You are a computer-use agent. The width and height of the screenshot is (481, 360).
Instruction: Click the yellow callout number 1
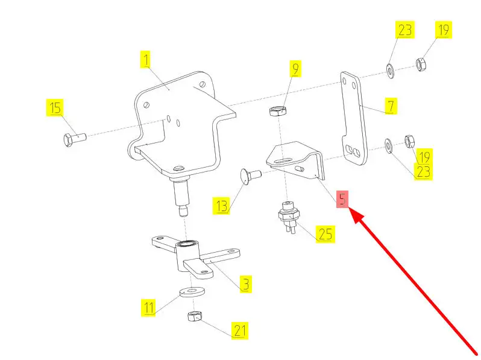[x=145, y=60]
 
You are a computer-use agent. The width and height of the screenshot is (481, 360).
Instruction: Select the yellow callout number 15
[x=55, y=109]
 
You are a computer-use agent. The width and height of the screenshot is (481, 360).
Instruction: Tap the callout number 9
[x=295, y=69]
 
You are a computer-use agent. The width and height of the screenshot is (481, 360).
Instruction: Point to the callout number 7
[x=391, y=107]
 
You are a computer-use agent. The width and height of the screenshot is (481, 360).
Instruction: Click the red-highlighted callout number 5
[x=342, y=200]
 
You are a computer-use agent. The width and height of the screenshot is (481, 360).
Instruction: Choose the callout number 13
[x=222, y=206]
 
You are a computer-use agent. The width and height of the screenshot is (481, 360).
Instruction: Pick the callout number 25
[x=325, y=234]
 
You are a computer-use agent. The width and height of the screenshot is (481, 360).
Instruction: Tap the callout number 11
[x=149, y=308]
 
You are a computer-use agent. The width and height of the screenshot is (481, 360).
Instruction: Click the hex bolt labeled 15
[x=74, y=139]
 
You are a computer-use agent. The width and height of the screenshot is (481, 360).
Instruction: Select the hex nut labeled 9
[x=277, y=112]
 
